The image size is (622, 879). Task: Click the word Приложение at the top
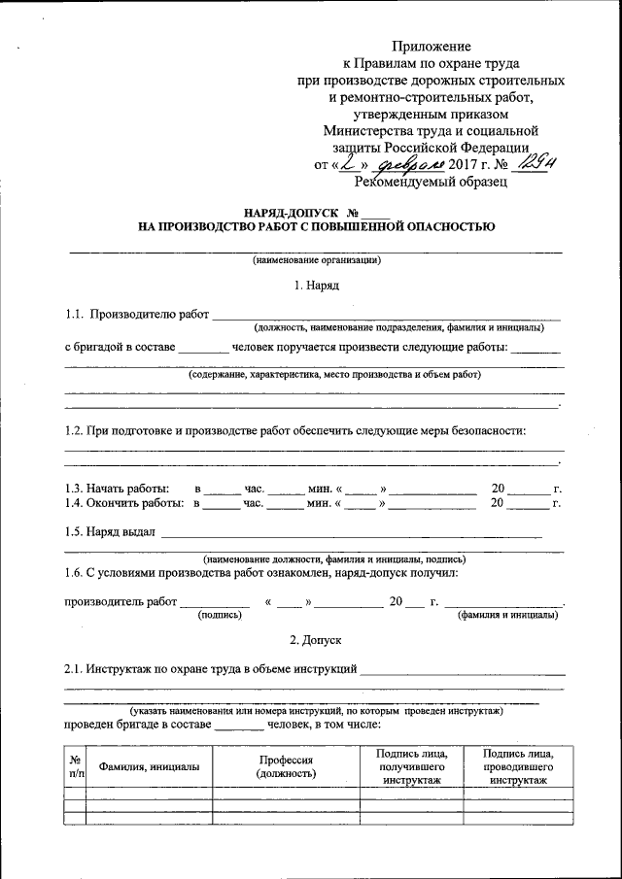point(432,46)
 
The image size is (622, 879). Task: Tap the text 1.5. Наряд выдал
point(109,531)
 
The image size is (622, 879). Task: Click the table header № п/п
point(75,766)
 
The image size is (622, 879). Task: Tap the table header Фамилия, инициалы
point(149,766)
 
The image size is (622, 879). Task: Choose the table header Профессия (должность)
point(286,766)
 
